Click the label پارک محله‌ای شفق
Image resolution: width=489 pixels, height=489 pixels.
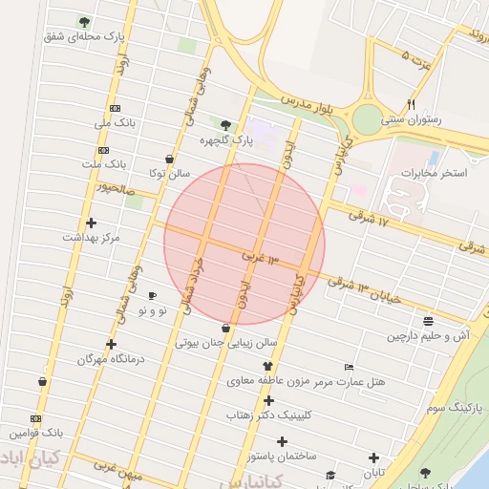tap(85, 36)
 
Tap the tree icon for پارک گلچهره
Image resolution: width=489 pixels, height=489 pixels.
tap(225, 124)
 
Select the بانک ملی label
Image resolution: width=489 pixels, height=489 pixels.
tap(117, 123)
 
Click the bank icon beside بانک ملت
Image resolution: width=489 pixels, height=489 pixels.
tap(103, 150)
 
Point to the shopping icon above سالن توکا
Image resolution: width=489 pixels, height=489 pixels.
tap(169, 159)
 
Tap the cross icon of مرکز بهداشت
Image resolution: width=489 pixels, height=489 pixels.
tap(91, 223)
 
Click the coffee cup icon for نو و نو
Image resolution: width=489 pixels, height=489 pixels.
tap(153, 297)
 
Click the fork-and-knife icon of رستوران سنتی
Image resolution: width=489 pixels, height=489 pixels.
tap(412, 104)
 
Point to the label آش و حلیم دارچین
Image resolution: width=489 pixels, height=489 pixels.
tap(429, 336)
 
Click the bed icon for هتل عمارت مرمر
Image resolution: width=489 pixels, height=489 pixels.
tap(349, 368)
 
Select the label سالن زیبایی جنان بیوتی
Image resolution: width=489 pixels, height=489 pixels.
tap(226, 341)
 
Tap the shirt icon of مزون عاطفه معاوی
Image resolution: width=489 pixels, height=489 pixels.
tap(267, 366)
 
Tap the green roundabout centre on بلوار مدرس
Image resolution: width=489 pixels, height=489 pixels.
tap(368, 120)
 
